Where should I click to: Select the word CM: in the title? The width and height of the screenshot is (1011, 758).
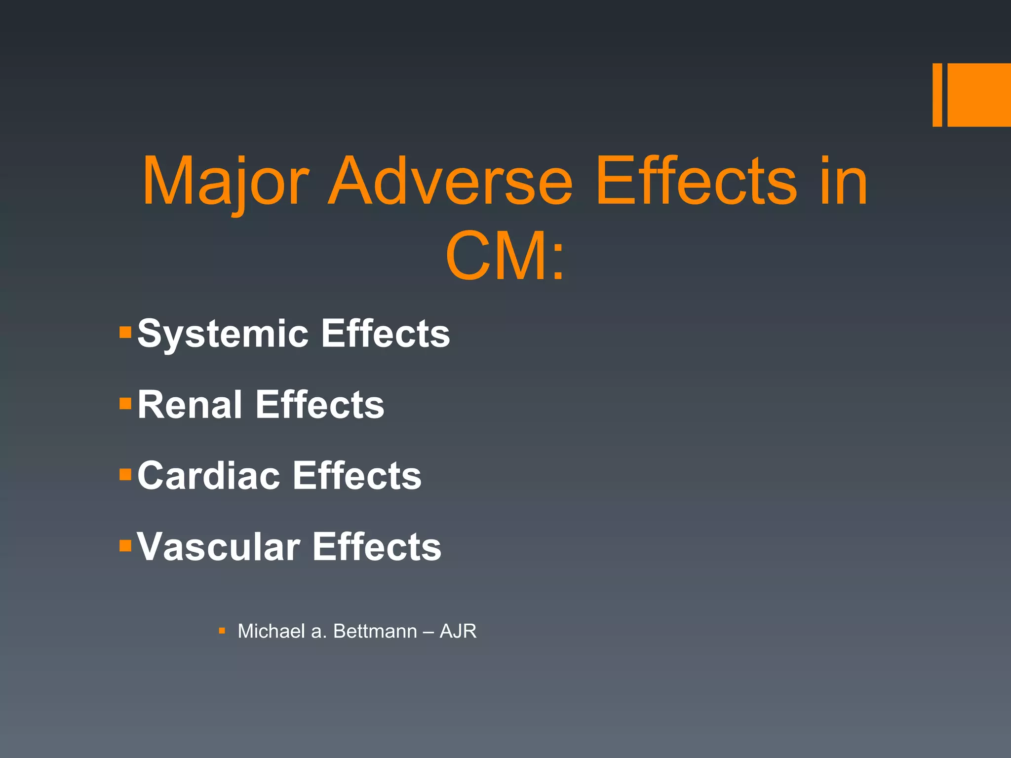pyautogui.click(x=505, y=257)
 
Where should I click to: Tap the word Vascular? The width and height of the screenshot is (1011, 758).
pyautogui.click(x=218, y=547)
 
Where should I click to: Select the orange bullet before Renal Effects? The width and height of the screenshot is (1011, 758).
pyautogui.click(x=125, y=404)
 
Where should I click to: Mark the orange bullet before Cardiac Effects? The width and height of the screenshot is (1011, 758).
pyautogui.click(x=125, y=475)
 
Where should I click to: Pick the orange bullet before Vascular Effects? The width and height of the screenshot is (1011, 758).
pyautogui.click(x=125, y=545)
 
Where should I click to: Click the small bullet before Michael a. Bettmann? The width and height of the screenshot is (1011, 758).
pyautogui.click(x=222, y=631)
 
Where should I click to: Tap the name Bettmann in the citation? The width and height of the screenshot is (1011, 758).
pyautogui.click(x=375, y=631)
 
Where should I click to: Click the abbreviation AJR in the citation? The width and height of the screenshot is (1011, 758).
pyautogui.click(x=458, y=631)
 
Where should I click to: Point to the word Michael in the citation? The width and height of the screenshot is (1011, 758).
pyautogui.click(x=271, y=631)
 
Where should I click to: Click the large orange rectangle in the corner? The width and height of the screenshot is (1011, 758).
pyautogui.click(x=979, y=95)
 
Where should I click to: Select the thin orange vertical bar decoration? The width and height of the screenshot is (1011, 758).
pyautogui.click(x=937, y=95)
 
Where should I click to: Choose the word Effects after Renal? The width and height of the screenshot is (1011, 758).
pyautogui.click(x=319, y=405)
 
